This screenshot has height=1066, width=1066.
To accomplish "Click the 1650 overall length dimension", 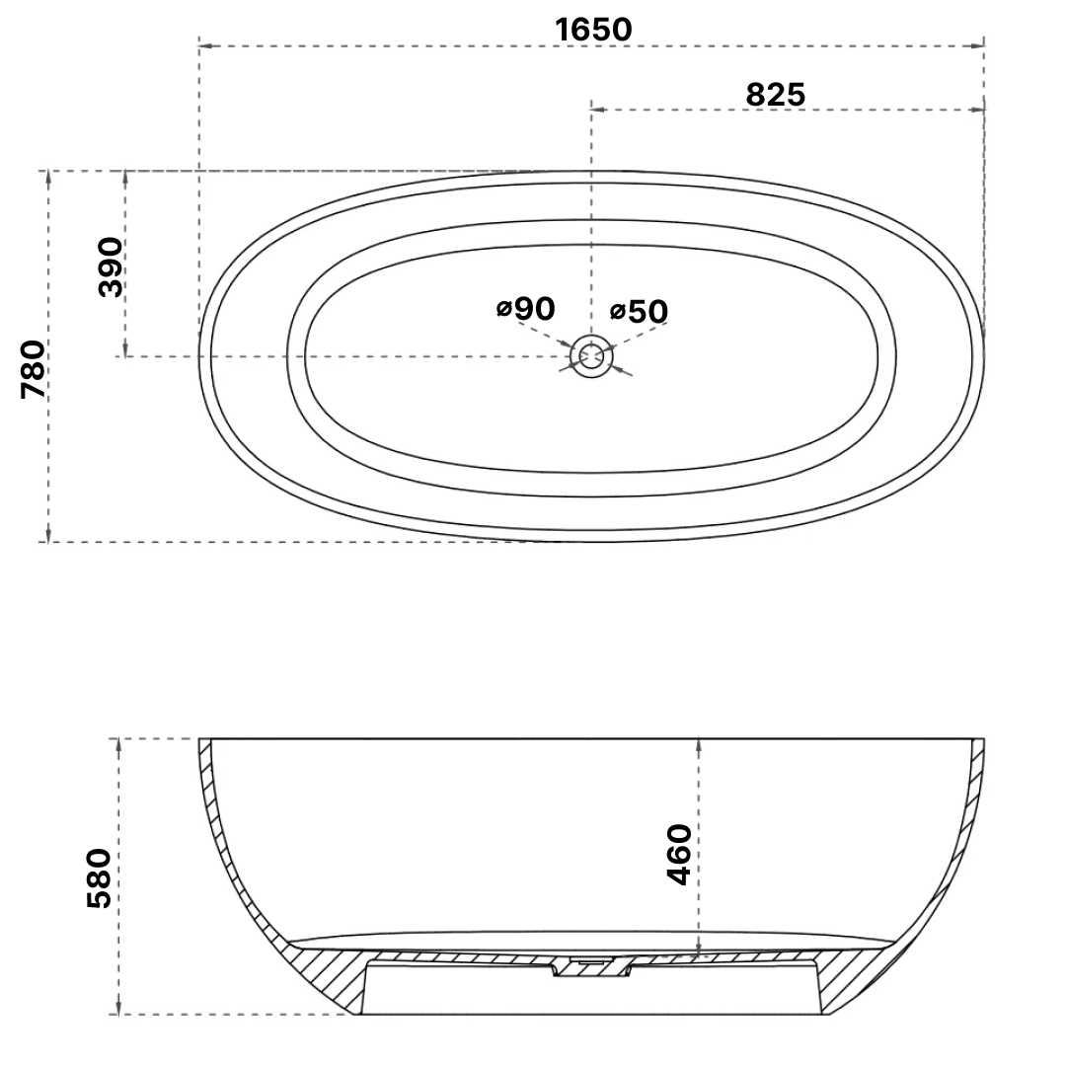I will tap(593, 30).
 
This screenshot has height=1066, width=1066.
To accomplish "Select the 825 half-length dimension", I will tap(775, 94).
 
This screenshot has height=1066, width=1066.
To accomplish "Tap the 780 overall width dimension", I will tap(34, 368).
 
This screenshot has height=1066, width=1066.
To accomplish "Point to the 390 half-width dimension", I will tap(111, 266).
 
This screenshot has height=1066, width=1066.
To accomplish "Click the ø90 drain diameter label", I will tap(526, 309).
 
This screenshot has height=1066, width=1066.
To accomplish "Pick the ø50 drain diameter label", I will tap(639, 312).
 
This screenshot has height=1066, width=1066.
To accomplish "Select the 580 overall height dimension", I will tap(101, 876).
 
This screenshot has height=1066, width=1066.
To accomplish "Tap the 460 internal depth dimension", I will tap(679, 854).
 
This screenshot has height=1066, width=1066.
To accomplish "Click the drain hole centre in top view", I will tap(590, 355).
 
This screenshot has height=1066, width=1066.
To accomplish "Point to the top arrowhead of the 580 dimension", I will tap(118, 743).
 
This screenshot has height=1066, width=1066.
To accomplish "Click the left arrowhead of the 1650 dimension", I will tap(204, 45).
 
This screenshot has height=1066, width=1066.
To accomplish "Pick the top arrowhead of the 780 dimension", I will tap(46, 176).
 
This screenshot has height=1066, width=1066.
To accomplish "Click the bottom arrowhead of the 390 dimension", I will tap(125, 350).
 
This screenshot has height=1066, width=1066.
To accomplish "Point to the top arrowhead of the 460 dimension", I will tap(699, 743).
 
